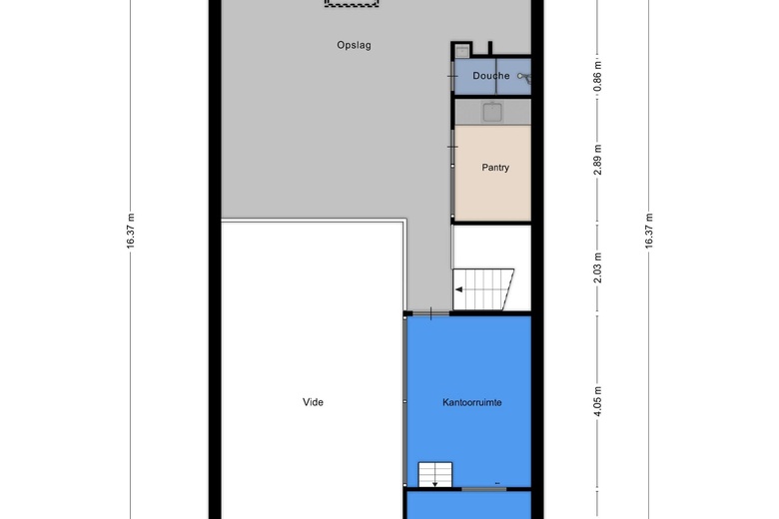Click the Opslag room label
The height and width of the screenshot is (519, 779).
pos(354,45)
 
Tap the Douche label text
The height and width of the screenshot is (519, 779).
pos(490,76)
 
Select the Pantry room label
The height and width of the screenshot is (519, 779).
pos(495,168)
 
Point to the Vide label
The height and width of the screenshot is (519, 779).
pos(313,402)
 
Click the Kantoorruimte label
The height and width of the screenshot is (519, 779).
pos(472,402)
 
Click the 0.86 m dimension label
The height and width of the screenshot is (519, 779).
pos(597,76)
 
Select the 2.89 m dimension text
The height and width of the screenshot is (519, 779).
pos(597,160)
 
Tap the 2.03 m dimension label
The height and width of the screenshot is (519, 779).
pos(597,267)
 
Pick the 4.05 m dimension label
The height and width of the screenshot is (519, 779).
pos(597,401)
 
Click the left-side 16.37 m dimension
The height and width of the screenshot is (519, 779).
pos(131,231)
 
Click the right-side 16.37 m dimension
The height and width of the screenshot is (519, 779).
pos(649,231)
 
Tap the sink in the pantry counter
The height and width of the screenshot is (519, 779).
pos(492,112)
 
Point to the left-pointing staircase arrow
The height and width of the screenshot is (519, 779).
pos(459,289)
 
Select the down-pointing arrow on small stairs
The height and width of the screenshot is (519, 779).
pos(435,483)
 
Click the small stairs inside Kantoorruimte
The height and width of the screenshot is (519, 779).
pos(435,475)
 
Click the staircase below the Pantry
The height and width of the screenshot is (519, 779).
pos(483,289)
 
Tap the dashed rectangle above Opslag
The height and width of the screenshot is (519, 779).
pos(352,3)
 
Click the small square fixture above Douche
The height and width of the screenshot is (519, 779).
pos(462,51)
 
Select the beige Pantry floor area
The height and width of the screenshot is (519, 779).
pos(492,173)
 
